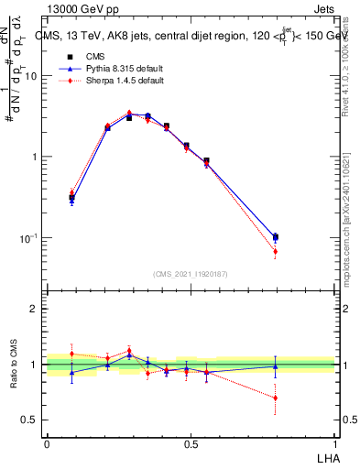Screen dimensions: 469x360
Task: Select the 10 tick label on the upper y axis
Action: click(x=31, y=76)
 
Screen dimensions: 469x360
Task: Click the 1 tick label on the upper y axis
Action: click(x=35, y=157)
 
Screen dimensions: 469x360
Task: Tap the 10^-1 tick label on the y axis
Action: click(x=29, y=237)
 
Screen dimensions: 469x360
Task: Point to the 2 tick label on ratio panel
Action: click(x=35, y=310)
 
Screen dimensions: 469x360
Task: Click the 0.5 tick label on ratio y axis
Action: click(x=30, y=420)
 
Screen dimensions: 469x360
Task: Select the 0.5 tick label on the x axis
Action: click(x=191, y=443)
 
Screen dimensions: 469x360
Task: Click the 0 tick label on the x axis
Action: click(x=47, y=443)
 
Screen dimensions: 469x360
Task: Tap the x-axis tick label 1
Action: click(x=334, y=443)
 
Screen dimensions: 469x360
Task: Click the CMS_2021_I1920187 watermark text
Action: click(x=191, y=273)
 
